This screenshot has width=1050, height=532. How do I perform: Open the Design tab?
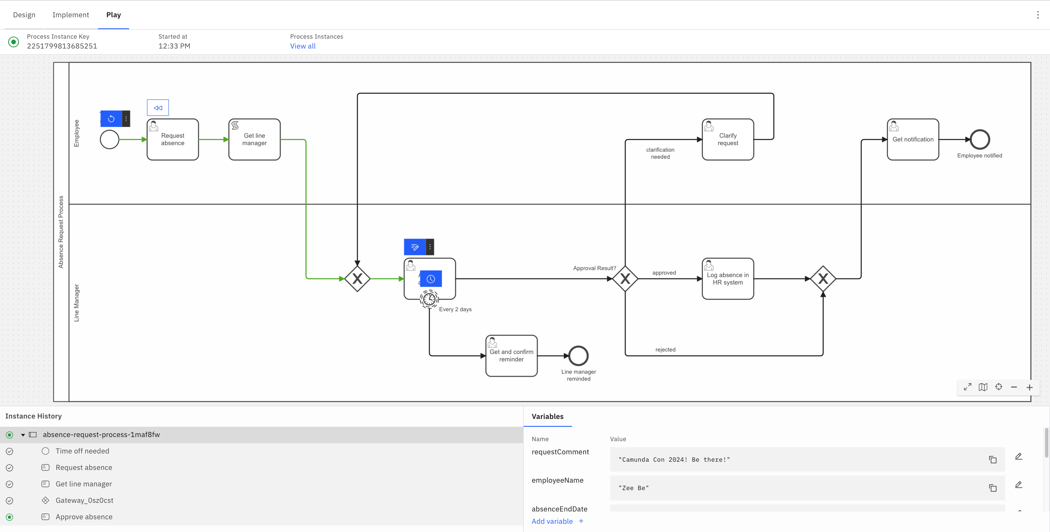(24, 15)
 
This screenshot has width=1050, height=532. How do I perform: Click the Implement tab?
(71, 15)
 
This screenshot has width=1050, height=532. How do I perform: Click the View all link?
(303, 46)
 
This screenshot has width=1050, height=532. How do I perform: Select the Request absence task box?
(173, 139)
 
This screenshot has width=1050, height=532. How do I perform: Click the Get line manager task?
(254, 139)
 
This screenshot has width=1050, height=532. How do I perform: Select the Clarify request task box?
(728, 139)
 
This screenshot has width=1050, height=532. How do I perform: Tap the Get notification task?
(913, 139)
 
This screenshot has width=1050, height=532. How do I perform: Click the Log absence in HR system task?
(728, 279)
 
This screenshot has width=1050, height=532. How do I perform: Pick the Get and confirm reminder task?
(511, 356)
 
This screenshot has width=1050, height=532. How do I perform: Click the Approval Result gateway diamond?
(625, 279)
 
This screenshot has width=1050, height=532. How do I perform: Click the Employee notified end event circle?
(980, 139)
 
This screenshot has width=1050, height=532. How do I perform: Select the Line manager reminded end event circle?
(578, 356)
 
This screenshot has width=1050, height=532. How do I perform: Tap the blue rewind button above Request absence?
(158, 108)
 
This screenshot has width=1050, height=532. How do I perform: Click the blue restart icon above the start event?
(111, 119)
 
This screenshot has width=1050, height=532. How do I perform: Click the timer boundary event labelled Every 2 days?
(429, 299)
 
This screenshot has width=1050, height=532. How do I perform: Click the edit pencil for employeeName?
(1018, 485)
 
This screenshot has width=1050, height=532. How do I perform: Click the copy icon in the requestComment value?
(992, 460)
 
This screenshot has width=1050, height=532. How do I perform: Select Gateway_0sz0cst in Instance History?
(84, 500)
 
